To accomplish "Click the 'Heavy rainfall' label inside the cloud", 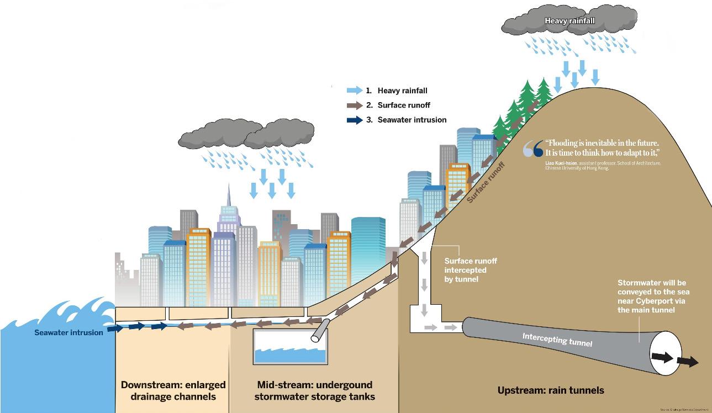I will (x=569, y=21).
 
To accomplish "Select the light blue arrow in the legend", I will (x=354, y=90).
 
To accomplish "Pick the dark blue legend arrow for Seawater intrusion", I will (x=354, y=120).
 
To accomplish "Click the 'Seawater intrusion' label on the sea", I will (x=68, y=332).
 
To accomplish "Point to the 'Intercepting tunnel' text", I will (x=557, y=339).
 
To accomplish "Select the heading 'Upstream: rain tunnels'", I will (x=550, y=390).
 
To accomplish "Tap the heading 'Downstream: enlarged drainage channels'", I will (x=173, y=390).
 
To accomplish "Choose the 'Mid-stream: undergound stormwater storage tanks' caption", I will (x=315, y=390).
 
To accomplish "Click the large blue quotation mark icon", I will (x=533, y=149).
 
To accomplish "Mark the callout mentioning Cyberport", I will (x=654, y=296).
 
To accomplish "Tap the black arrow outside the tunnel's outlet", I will (x=688, y=362).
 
